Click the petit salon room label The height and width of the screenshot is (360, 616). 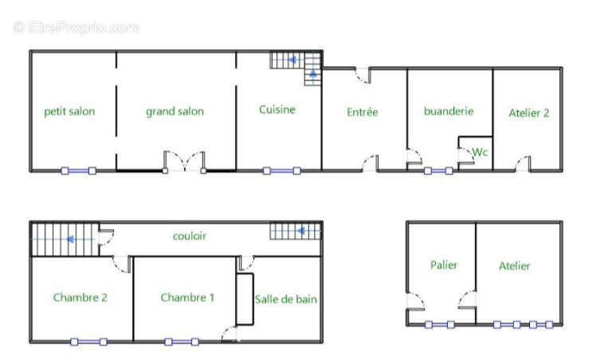[69, 112]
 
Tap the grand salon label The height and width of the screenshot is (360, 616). [175, 112]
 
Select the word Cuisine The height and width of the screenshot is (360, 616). [277, 109]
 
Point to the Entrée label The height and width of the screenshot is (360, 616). [363, 112]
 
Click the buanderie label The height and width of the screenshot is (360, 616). [449, 111]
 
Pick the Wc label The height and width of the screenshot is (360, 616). [480, 152]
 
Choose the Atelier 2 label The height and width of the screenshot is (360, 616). [529, 113]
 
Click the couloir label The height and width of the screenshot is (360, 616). [190, 236]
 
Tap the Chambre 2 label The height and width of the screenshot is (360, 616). [80, 298]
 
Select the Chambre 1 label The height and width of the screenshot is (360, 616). [187, 298]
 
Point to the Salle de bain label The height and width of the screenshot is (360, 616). [285, 299]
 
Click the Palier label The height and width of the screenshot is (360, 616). [444, 265]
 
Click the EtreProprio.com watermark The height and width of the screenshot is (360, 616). [76, 28]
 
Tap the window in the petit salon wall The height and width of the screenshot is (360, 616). [79, 170]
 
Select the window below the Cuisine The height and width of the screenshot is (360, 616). [281, 170]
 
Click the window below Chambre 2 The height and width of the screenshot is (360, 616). [88, 342]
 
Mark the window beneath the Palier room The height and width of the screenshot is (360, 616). [440, 325]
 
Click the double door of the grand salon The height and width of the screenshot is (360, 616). [184, 162]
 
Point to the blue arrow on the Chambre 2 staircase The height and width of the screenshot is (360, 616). [71, 239]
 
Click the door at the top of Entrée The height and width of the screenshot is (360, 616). [363, 76]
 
